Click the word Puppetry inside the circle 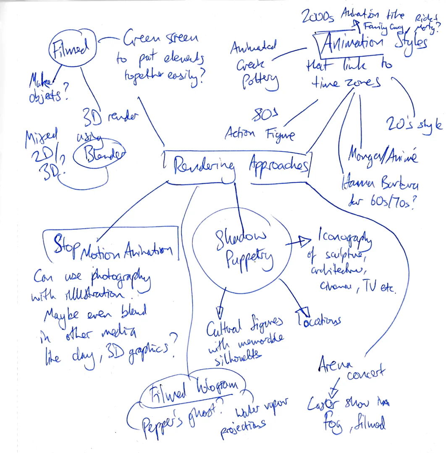(x=244, y=261)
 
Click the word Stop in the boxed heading (x=67, y=247)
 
